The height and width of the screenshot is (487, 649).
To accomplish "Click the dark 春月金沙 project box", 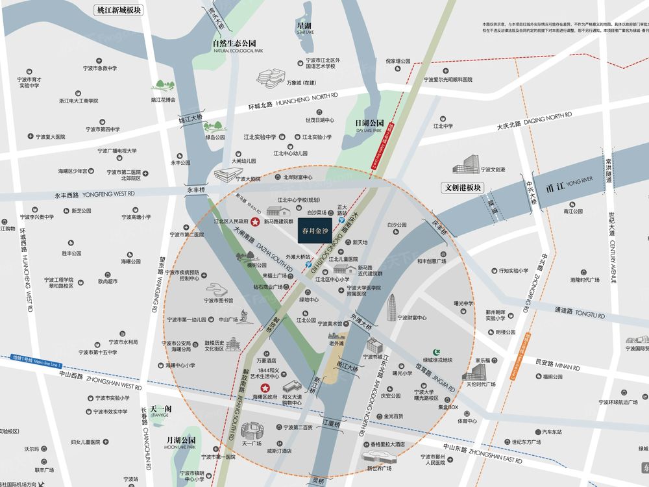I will (x=316, y=229).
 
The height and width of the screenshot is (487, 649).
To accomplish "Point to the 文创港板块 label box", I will (x=466, y=188).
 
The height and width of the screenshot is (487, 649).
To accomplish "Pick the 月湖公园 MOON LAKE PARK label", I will (x=180, y=442).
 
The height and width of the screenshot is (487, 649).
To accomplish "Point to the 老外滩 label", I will (x=337, y=336).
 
